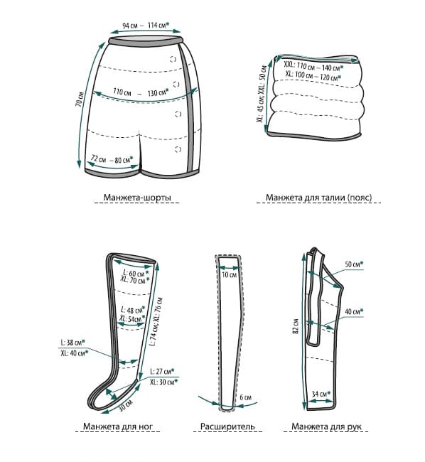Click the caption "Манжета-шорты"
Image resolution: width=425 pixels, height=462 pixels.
137,197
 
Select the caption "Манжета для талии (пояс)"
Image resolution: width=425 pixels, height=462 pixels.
318,197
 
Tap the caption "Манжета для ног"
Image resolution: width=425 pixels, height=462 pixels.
118,426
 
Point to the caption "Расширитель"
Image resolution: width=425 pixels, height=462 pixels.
227,426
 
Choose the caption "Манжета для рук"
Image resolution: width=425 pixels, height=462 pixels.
326,426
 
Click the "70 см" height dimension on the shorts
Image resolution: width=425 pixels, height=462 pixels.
80,100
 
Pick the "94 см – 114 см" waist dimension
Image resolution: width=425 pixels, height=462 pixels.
146,26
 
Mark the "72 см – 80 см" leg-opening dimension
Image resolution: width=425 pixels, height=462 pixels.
112,159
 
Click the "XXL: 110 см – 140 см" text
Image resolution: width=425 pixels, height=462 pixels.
313,66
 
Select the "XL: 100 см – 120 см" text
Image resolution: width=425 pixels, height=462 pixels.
313,76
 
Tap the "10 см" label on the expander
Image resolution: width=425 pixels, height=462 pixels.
229,275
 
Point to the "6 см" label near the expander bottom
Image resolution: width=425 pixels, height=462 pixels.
245,397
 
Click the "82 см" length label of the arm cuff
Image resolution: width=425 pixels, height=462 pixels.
296,326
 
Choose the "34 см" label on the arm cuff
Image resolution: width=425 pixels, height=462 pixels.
321,393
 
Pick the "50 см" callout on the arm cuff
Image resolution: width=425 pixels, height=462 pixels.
354,264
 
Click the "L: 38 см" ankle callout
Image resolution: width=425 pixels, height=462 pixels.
72,343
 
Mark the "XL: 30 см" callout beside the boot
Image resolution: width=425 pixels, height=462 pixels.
163,382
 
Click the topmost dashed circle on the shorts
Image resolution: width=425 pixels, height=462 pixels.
173,59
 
